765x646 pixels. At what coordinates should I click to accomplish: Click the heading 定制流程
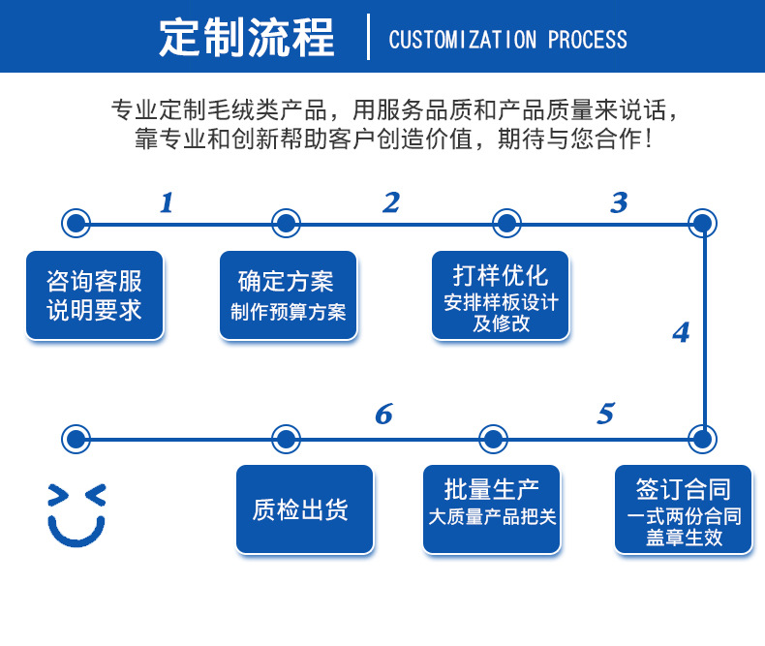tap(247, 39)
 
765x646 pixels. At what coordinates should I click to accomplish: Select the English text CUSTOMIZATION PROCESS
tap(507, 40)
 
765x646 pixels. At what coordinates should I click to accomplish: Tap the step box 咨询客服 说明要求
tap(95, 295)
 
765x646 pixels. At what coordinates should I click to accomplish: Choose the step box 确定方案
tap(288, 295)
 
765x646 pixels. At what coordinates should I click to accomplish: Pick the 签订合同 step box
tap(684, 509)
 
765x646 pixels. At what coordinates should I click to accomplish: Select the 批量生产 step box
tap(492, 509)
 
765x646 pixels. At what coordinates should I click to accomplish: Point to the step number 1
tap(167, 202)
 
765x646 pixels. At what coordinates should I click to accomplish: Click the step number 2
tap(391, 202)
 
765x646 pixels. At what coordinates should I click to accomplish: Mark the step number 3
tap(619, 202)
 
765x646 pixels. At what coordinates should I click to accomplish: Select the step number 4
tap(681, 332)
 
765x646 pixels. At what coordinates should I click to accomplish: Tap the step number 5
tap(605, 415)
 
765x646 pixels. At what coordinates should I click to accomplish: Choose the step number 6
tap(383, 415)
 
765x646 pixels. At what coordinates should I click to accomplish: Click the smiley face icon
tap(76, 513)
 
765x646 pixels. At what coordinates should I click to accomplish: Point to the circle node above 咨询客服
tap(75, 224)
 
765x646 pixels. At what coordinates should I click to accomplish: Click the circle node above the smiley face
tap(75, 439)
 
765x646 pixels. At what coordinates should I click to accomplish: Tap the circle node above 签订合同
tap(703, 439)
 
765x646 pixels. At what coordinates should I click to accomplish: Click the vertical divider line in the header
tap(369, 38)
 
